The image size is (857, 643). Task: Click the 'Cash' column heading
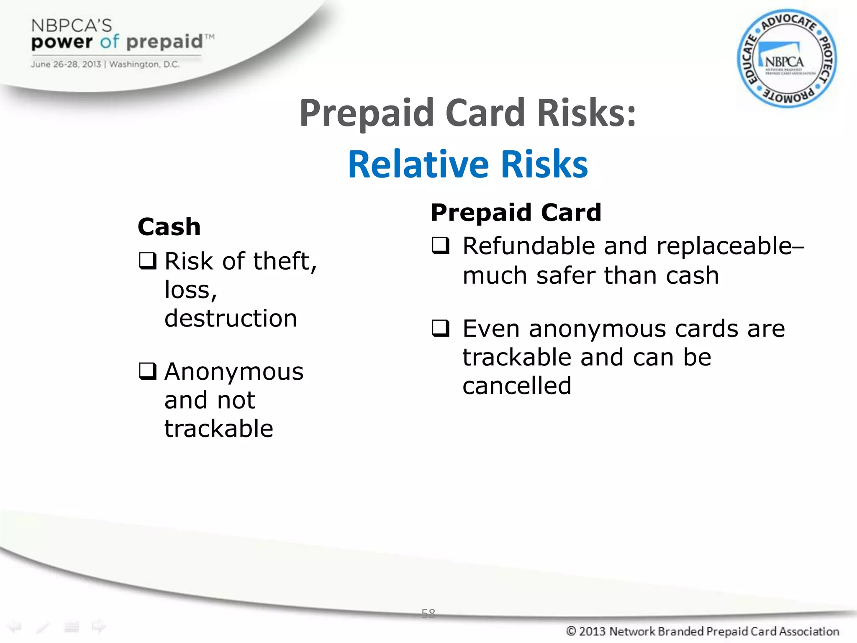point(169,227)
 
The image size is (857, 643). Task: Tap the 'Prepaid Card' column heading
point(516,212)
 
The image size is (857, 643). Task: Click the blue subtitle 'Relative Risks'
point(468,164)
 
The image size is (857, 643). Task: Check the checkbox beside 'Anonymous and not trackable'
point(148,371)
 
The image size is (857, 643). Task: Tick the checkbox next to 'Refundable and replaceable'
point(441,246)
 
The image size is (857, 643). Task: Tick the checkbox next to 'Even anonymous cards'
point(441,329)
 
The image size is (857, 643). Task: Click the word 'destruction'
point(231,318)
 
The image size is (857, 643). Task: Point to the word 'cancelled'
point(517,386)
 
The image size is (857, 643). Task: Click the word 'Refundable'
point(529,246)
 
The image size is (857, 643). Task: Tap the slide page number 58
point(428,614)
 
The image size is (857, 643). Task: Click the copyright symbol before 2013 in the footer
point(571,631)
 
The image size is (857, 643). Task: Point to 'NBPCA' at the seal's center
point(784,62)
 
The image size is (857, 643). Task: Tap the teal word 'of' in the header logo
point(110,41)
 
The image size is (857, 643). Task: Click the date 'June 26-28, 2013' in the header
point(66,64)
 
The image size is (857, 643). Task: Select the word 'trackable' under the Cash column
point(219,429)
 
